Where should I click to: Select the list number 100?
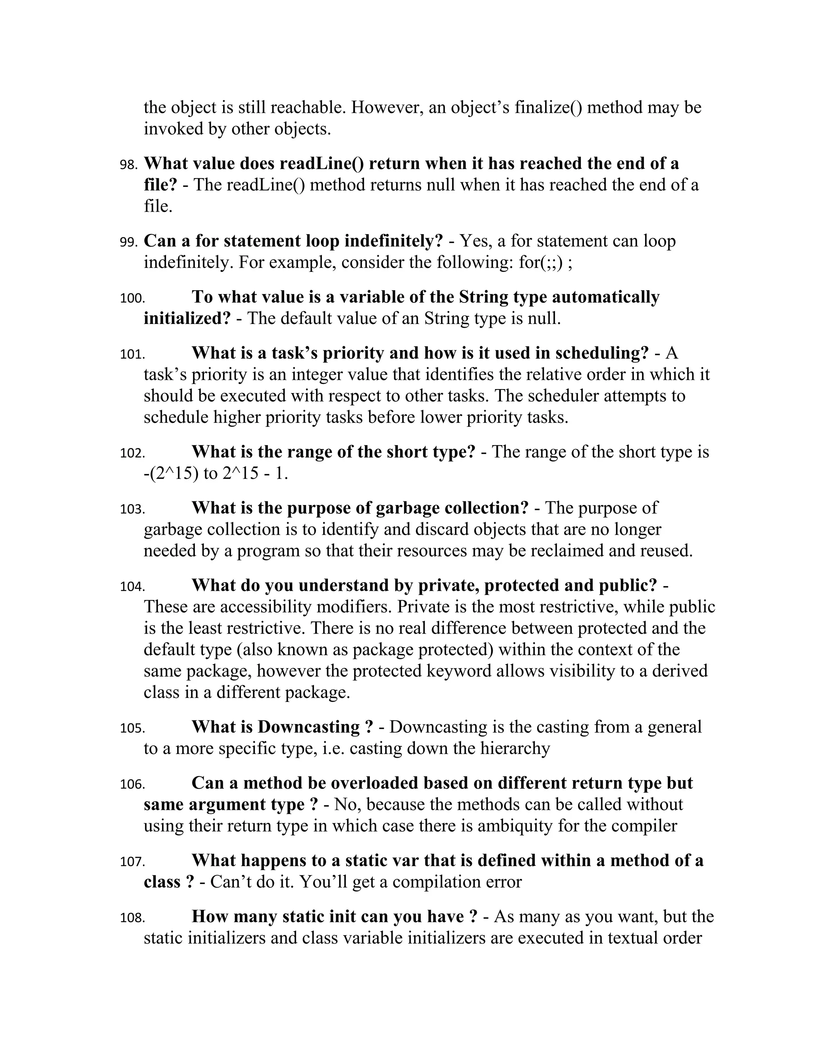coord(132,299)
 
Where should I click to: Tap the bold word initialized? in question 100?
coord(187,318)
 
